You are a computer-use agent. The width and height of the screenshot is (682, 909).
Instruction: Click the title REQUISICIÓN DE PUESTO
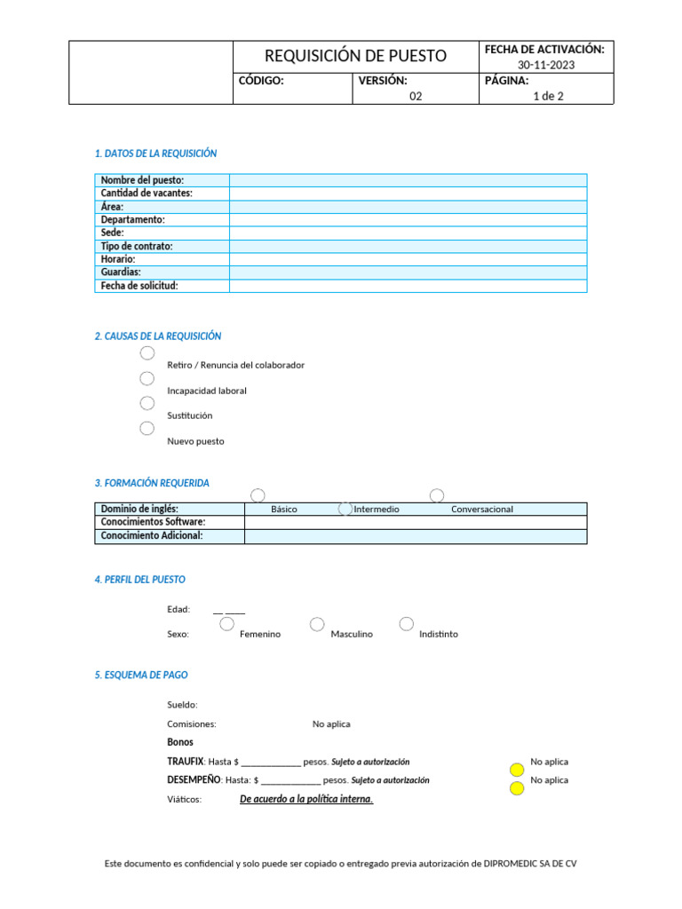tap(355, 56)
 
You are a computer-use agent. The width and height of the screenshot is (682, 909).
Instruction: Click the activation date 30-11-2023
tap(547, 64)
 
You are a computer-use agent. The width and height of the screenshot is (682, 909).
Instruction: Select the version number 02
tap(416, 96)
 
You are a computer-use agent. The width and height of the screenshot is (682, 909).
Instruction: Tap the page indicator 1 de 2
tap(547, 96)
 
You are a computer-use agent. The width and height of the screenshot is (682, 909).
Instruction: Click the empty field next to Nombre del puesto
tap(408, 180)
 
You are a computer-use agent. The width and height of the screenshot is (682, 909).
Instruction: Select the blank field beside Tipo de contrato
tap(408, 246)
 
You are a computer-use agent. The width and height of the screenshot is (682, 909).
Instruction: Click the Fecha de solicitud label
tap(139, 286)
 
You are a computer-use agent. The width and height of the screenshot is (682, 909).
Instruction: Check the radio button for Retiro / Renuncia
tap(147, 353)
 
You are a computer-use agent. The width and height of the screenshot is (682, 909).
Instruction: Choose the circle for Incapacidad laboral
tap(147, 378)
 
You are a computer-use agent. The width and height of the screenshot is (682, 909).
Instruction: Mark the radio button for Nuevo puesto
tap(147, 429)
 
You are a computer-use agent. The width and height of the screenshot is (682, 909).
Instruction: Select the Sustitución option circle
tap(147, 403)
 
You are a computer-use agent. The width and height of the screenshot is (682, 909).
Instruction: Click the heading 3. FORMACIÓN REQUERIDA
tap(152, 483)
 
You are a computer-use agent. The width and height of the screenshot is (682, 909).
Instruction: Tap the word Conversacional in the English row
tap(482, 510)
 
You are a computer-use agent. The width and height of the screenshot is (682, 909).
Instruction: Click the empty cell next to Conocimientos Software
tap(415, 523)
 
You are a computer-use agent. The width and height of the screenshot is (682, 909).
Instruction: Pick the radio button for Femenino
tap(227, 625)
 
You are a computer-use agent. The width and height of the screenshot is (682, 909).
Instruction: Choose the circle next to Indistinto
tap(407, 624)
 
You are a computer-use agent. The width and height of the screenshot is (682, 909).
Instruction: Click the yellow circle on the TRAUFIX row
tap(517, 770)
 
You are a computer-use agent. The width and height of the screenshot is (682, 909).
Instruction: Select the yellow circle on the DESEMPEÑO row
tap(517, 788)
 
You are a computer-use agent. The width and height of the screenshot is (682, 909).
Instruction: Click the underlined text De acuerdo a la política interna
tap(306, 799)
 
